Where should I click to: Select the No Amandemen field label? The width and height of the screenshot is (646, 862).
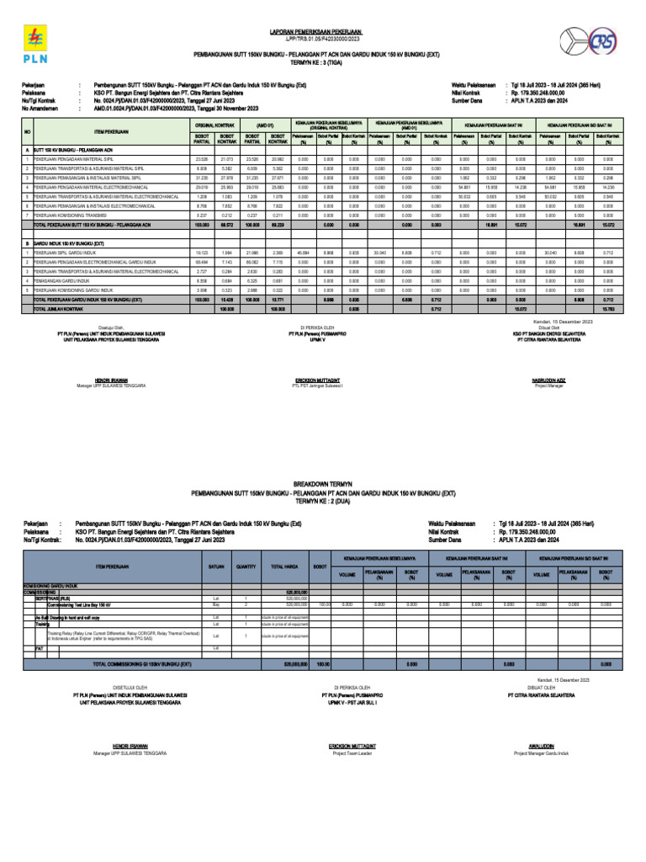coord(41,109)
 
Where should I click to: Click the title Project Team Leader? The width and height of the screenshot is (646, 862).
coord(351,753)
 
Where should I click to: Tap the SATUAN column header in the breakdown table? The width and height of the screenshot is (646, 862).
coord(217,567)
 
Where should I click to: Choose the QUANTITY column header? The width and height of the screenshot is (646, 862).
coord(246,567)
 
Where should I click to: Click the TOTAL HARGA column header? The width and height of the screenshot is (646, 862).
coord(283,567)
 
